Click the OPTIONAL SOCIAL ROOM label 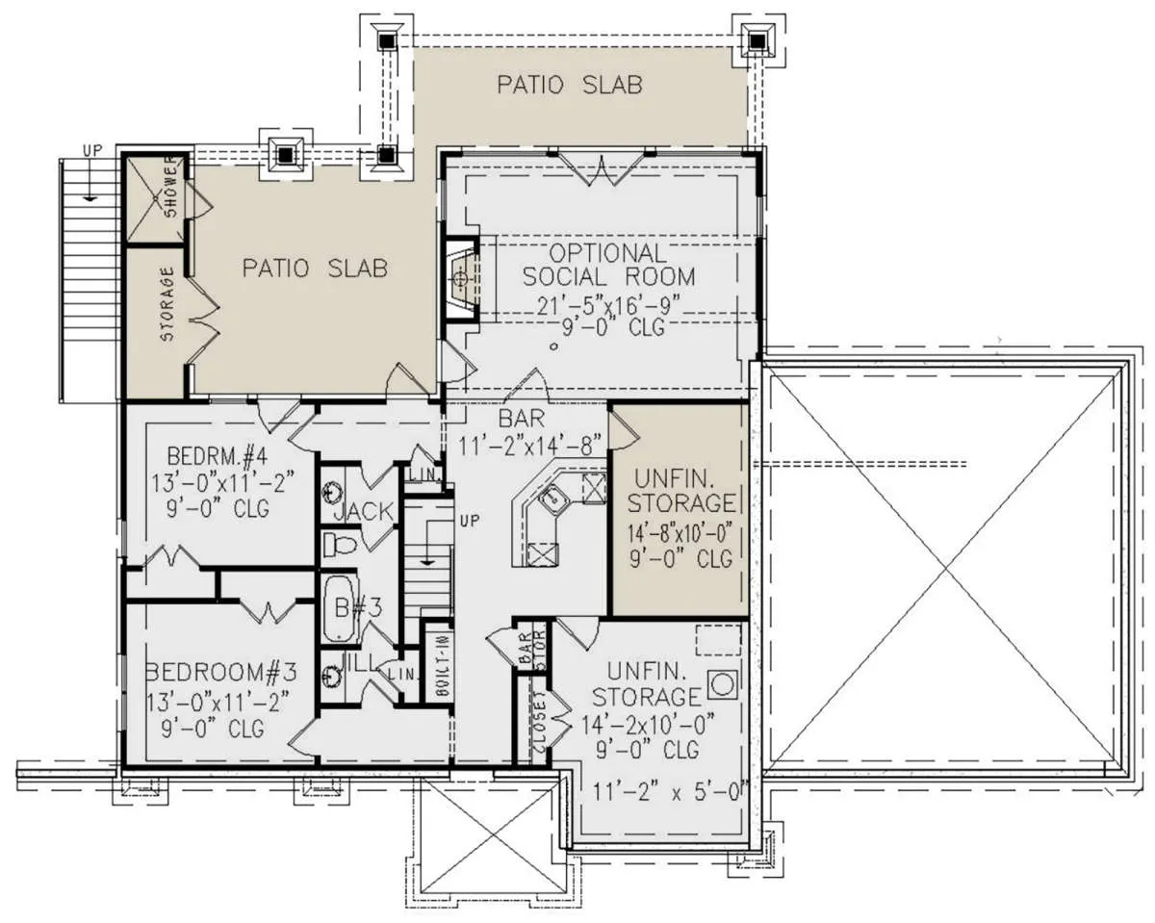608,265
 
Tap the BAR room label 521,419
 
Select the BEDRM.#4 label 217,456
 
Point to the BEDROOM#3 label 221,672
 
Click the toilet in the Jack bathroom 339,546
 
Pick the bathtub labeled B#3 339,609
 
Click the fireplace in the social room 460,279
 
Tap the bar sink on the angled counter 554,499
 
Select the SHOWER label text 170,186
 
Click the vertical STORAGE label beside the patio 167,304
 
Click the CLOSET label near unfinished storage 539,722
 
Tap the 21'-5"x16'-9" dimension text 608,306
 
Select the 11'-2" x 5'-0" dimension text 671,791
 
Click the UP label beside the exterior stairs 91,151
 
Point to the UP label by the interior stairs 470,520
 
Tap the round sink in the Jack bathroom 332,493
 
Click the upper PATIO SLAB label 570,85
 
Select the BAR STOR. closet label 531,649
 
